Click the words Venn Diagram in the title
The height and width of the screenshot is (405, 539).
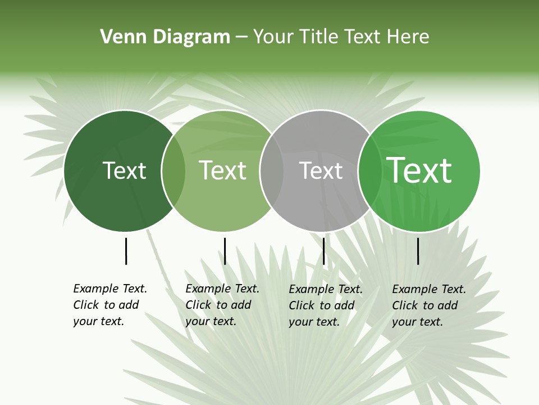[165, 37]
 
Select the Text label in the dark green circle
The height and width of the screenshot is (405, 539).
[124, 170]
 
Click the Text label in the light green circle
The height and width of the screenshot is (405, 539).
[222, 170]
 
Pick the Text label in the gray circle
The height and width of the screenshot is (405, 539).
[321, 170]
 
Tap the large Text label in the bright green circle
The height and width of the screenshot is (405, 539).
[419, 170]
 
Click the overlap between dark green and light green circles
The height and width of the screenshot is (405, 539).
[173, 171]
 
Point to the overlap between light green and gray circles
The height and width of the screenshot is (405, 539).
[272, 171]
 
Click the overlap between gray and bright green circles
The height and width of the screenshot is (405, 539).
[368, 171]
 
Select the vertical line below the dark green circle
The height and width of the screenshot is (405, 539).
[126, 251]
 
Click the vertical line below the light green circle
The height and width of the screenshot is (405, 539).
[225, 251]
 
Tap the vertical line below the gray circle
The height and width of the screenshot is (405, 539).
[324, 251]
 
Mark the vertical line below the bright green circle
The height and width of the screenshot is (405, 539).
[418, 251]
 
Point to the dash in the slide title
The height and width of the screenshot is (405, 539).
[241, 37]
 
